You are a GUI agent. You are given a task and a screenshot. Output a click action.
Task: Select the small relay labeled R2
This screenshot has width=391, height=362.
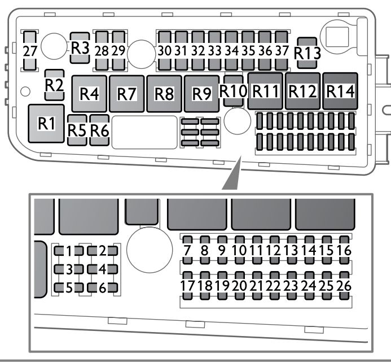click(54, 85)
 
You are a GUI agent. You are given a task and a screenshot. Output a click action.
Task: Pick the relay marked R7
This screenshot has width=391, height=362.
click(127, 93)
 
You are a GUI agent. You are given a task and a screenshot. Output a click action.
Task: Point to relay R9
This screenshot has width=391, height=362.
click(201, 93)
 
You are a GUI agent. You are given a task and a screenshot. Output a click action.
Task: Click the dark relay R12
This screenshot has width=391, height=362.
click(303, 90)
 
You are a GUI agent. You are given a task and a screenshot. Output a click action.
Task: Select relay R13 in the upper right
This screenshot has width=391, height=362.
click(307, 53)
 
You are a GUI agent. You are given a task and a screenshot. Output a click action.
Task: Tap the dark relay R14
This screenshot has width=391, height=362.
click(341, 90)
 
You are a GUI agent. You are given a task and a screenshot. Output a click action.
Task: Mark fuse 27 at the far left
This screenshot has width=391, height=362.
click(30, 51)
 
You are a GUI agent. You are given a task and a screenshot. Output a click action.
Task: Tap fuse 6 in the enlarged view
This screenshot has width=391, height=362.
click(102, 287)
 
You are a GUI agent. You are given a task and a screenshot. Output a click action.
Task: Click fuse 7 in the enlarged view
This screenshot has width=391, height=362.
click(188, 249)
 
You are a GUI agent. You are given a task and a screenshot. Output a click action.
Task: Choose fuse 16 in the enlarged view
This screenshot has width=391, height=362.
click(343, 249)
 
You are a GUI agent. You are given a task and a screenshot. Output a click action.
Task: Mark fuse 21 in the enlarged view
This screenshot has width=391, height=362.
click(257, 285)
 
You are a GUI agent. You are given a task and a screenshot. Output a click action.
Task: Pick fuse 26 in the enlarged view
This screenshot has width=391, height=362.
click(343, 285)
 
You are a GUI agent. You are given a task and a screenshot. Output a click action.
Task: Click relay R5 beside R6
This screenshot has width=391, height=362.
click(77, 129)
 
